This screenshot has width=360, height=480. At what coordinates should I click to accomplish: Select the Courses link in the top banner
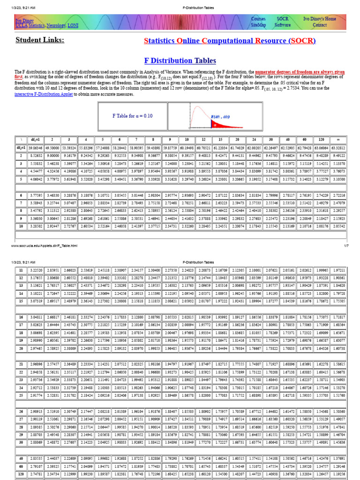(258, 19)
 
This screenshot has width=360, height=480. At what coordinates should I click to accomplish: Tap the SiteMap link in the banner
(258, 25)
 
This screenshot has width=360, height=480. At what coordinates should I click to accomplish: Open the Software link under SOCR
(283, 25)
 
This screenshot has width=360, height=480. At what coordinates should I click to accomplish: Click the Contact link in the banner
(320, 25)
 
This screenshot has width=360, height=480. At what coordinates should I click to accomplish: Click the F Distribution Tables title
(180, 60)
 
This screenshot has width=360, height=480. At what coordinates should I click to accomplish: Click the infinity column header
(338, 139)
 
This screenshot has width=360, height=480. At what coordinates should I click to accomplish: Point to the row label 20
(22, 348)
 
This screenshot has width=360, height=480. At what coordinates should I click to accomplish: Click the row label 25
(22, 396)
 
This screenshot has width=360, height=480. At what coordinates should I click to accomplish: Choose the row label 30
(22, 442)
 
